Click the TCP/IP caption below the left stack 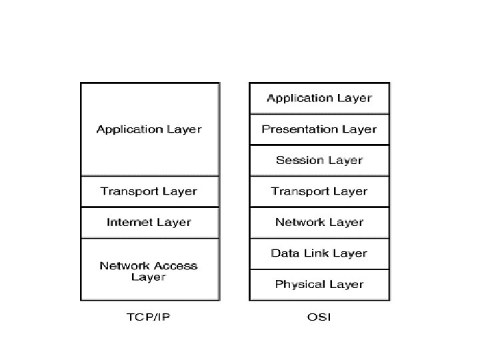(x=148, y=317)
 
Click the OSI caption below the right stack (x=319, y=317)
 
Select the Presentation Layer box (x=319, y=129)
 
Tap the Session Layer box (x=319, y=161)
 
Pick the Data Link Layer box (x=319, y=253)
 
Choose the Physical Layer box (x=319, y=285)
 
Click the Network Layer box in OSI (x=319, y=223)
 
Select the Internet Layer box (x=149, y=223)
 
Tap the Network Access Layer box (x=149, y=269)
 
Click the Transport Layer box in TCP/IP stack (x=149, y=191)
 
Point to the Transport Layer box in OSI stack (x=319, y=191)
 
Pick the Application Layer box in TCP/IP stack (x=149, y=129)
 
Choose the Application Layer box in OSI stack (x=319, y=99)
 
